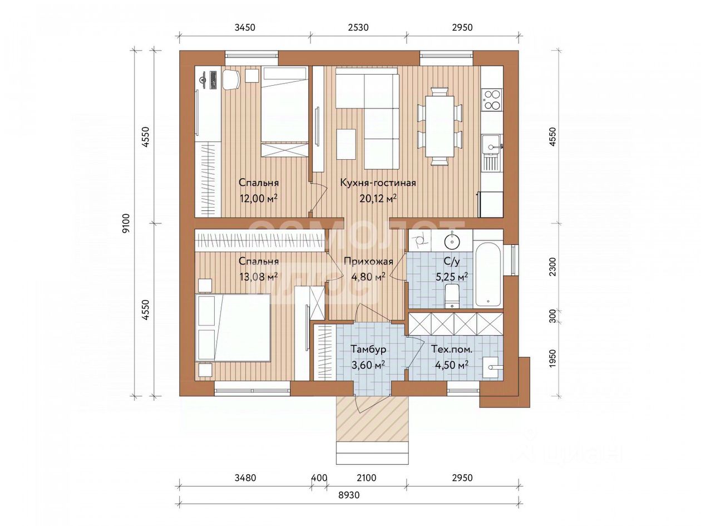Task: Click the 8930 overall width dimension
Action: coord(349,495)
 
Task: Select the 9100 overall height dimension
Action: coord(127,224)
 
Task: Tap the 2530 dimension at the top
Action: coord(358,27)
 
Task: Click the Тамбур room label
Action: coord(368,350)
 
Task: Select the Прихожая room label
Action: coord(368,262)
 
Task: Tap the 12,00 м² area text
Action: coord(258,199)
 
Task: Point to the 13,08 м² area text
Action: coord(258,277)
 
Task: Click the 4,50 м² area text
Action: coord(452,365)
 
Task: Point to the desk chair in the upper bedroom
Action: coord(231,80)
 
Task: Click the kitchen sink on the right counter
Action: coord(491,144)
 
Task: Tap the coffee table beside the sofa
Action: coord(346,145)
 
